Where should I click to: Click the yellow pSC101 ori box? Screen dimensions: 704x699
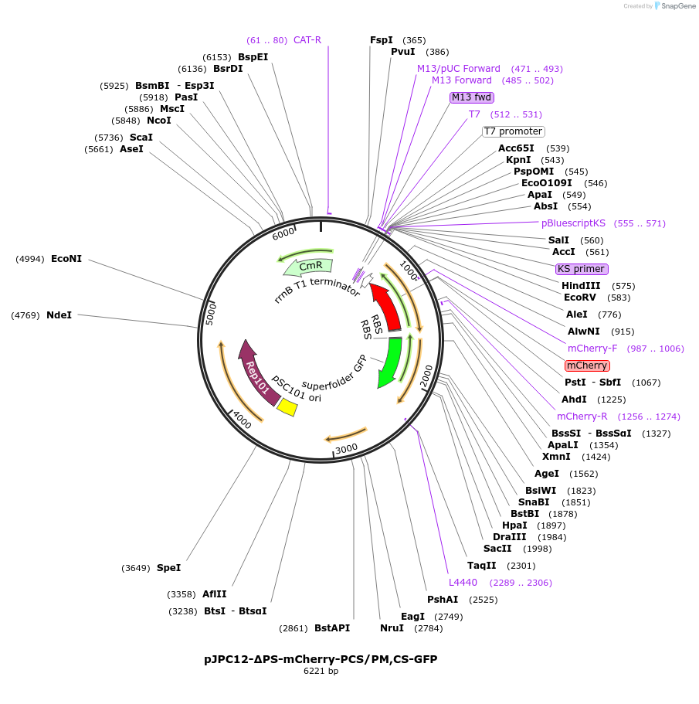click(x=287, y=407)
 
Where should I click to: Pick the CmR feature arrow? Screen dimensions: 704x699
click(x=308, y=267)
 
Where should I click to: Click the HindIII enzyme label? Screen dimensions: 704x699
click(x=582, y=286)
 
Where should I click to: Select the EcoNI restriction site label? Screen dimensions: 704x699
click(x=66, y=259)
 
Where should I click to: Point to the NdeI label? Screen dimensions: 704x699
click(x=59, y=315)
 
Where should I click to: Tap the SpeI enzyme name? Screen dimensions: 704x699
click(x=168, y=568)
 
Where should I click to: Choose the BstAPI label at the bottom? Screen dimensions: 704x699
click(x=332, y=628)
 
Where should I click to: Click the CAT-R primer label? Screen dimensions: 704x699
click(x=307, y=40)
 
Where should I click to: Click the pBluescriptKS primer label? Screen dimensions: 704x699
click(x=573, y=223)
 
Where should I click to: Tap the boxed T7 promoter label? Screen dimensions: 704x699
click(x=513, y=131)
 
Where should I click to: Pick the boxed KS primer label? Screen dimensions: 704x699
click(x=582, y=269)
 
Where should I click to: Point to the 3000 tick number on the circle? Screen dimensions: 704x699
click(x=346, y=449)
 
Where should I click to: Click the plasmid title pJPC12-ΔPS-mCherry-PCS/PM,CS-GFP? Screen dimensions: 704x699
click(x=321, y=659)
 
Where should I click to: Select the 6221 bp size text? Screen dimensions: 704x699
click(x=321, y=672)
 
